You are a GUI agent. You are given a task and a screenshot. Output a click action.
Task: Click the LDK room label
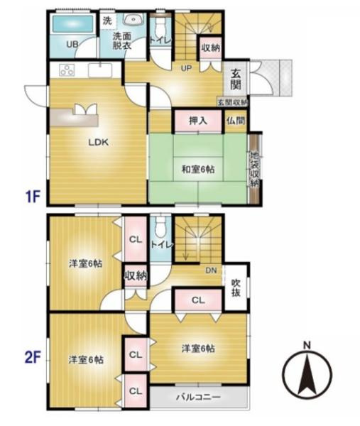(x=97, y=142)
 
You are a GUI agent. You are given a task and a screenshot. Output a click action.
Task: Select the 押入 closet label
(x=197, y=121)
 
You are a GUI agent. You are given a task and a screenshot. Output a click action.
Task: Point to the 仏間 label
(x=236, y=121)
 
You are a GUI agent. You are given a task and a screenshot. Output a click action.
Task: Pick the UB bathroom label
(x=72, y=45)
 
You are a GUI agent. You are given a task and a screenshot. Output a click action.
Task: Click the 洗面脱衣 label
(x=122, y=40)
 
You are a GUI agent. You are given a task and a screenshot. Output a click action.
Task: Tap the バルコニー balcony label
(x=199, y=395)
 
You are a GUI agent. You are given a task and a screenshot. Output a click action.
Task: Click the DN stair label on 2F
(x=211, y=271)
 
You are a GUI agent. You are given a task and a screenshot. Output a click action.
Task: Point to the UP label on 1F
(x=187, y=69)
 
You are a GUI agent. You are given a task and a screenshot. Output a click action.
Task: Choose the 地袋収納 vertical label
(x=253, y=169)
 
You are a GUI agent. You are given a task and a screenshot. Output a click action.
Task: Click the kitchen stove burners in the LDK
(x=67, y=70)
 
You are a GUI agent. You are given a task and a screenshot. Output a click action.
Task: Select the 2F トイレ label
(x=161, y=244)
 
